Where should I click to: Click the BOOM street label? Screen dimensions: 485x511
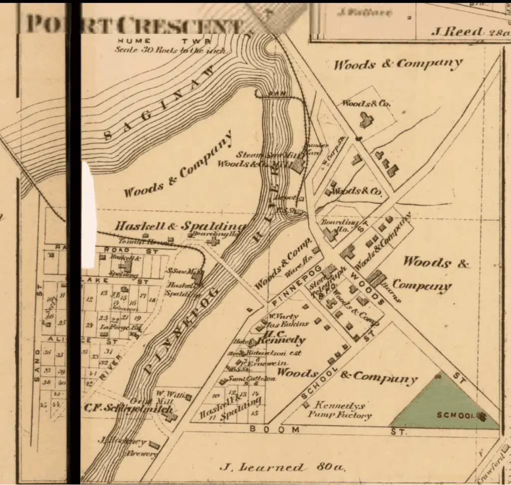click(x=274, y=429)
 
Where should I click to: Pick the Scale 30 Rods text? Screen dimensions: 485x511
click(x=170, y=50)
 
